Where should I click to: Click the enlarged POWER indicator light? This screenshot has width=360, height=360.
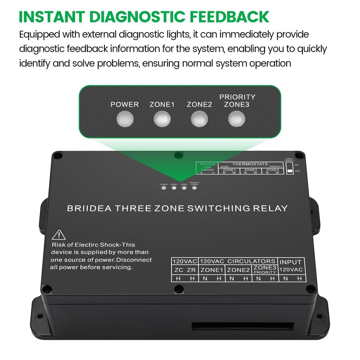click(x=125, y=119)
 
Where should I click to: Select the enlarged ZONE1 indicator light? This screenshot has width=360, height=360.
click(x=162, y=119)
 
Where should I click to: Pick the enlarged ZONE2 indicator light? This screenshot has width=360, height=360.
click(x=199, y=119)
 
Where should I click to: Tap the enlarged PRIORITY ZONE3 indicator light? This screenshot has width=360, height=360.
click(x=237, y=119)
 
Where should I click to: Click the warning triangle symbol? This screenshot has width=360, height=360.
click(x=58, y=234)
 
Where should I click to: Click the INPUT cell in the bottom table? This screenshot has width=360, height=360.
click(x=291, y=261)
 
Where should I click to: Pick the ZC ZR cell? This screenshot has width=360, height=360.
click(x=184, y=270)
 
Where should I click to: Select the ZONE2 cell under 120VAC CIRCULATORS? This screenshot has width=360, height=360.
click(x=238, y=270)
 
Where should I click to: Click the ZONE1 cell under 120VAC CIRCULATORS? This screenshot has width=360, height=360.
click(x=211, y=270)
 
